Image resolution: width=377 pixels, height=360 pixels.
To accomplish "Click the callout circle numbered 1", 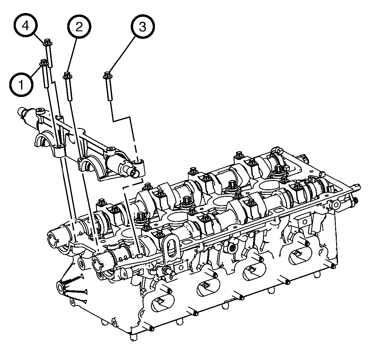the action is click(x=21, y=84).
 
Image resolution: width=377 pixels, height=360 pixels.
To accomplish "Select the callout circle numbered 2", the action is click(x=79, y=27).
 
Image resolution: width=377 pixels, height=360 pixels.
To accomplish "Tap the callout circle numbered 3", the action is click(x=142, y=27).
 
